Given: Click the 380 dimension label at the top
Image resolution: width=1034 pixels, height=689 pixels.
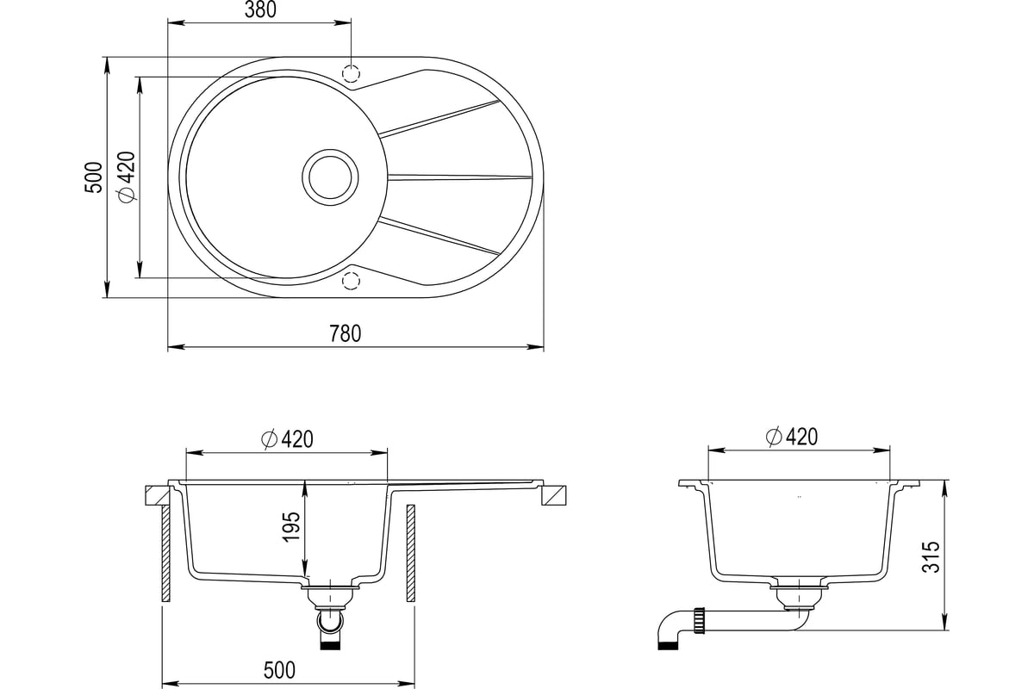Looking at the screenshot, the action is pyautogui.click(x=260, y=9).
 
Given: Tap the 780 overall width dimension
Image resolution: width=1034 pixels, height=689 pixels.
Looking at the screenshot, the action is pyautogui.click(x=346, y=333).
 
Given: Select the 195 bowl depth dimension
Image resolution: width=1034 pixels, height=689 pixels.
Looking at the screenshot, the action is pyautogui.click(x=292, y=526).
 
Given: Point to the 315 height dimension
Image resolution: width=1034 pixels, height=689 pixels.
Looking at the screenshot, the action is pyautogui.click(x=931, y=557).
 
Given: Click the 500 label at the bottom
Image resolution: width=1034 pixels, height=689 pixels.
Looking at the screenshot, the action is pyautogui.click(x=279, y=671).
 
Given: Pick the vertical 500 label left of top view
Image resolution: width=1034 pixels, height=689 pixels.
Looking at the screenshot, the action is pyautogui.click(x=93, y=177).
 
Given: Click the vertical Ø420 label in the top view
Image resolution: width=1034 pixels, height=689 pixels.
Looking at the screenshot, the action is pyautogui.click(x=127, y=177).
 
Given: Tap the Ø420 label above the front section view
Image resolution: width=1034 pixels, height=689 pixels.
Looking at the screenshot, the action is pyautogui.click(x=287, y=439).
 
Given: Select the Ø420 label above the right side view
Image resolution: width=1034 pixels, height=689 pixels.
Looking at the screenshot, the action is pyautogui.click(x=792, y=437).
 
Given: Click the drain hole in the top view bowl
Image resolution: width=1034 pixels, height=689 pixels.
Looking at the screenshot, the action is pyautogui.click(x=330, y=177).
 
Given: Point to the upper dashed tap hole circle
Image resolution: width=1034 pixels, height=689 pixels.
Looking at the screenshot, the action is pyautogui.click(x=351, y=73).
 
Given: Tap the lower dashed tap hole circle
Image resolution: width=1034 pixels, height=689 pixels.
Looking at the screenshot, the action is pyautogui.click(x=351, y=281).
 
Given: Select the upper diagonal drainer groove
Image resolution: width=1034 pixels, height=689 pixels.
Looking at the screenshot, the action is pyautogui.click(x=439, y=118).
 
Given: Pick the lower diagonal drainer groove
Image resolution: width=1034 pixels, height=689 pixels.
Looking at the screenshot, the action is pyautogui.click(x=439, y=236).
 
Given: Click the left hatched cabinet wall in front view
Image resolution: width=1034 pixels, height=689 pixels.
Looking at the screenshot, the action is pyautogui.click(x=165, y=553).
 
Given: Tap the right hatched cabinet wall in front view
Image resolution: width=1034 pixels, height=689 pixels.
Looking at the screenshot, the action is pyautogui.click(x=410, y=553).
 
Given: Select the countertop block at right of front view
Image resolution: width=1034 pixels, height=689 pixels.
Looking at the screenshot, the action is pyautogui.click(x=553, y=496).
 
